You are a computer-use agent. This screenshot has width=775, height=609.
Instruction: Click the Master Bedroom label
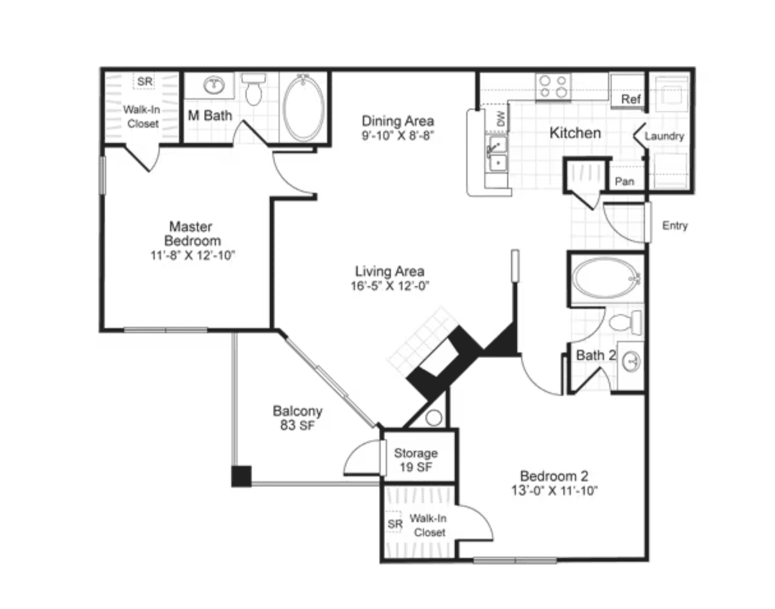193,234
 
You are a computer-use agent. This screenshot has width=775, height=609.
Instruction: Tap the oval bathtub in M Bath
303,107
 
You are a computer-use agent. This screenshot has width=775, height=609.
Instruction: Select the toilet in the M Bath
253,89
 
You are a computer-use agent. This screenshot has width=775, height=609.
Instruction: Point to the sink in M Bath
214,85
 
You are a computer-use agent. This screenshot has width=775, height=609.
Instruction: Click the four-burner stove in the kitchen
553,87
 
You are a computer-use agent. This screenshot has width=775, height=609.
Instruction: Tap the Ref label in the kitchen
631,99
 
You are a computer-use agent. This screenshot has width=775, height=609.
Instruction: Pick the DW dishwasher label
500,119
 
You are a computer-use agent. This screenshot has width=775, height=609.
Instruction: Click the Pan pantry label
624,181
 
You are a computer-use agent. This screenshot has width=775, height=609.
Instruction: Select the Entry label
675,225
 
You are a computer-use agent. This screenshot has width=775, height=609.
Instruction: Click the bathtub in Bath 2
606,278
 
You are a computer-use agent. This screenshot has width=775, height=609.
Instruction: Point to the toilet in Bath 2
625,322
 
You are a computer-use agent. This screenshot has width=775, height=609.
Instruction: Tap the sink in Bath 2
632,362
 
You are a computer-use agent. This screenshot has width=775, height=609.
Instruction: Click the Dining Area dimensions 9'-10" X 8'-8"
398,136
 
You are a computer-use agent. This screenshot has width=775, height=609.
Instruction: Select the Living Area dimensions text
390,286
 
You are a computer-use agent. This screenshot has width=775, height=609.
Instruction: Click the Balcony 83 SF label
297,418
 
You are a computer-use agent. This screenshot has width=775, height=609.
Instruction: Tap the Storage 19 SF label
416,460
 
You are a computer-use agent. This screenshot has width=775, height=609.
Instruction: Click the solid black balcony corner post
241,476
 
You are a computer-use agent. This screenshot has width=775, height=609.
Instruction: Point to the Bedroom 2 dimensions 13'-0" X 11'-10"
555,491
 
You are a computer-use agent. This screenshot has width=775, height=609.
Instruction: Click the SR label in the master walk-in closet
144,82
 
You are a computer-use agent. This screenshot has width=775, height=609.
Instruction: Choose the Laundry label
664,136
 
